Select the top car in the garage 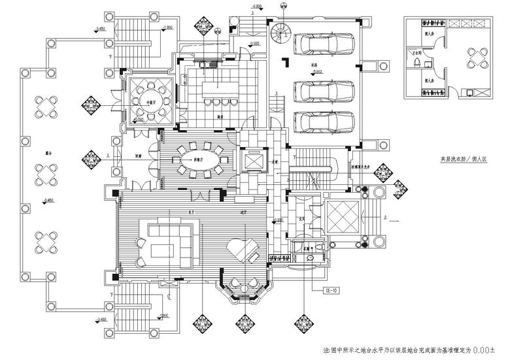click(324, 44)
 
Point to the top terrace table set click(47, 106)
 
